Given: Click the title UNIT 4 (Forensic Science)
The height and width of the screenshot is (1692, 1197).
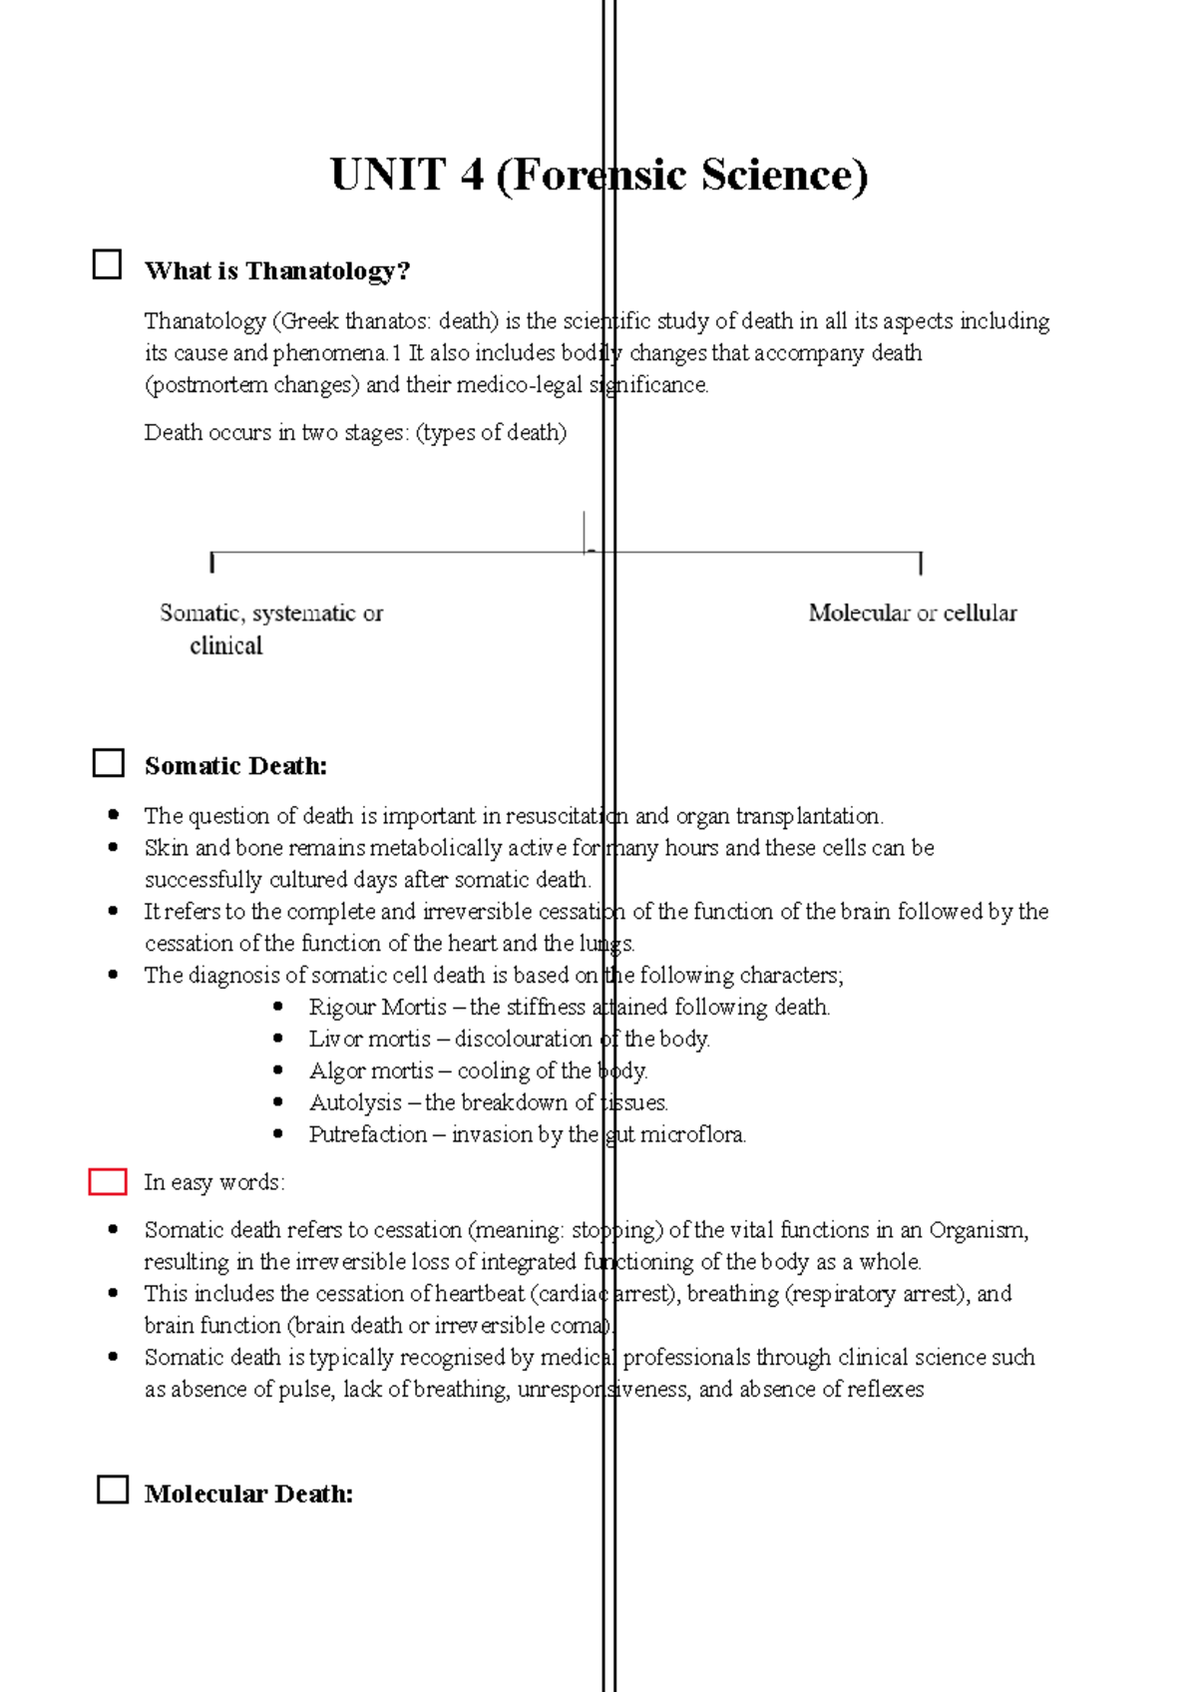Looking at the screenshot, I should pyautogui.click(x=598, y=176).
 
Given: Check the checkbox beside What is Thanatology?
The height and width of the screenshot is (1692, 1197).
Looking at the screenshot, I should pyautogui.click(x=107, y=264).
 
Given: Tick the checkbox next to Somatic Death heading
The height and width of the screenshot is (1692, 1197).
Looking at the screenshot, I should pyautogui.click(x=108, y=763).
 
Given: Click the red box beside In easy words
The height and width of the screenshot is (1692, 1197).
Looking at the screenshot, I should pyautogui.click(x=108, y=1182).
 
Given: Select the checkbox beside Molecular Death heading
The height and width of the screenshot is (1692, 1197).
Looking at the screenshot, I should pyautogui.click(x=113, y=1490).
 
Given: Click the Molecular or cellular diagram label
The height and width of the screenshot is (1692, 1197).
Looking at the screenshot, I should pyautogui.click(x=913, y=613).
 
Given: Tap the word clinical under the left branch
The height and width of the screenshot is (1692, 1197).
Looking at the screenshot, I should pyautogui.click(x=226, y=646).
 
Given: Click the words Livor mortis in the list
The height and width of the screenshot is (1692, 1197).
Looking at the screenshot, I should pyautogui.click(x=369, y=1040).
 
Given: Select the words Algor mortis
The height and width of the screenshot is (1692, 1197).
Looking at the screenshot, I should pyautogui.click(x=371, y=1071).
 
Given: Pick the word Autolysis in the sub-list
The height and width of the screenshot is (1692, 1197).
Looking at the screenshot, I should pyautogui.click(x=355, y=1103).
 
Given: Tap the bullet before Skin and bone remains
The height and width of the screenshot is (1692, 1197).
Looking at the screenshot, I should pyautogui.click(x=113, y=848).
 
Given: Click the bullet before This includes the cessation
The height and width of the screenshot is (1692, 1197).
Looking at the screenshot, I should pyautogui.click(x=113, y=1293).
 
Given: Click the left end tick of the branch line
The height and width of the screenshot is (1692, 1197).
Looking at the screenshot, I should pyautogui.click(x=212, y=563).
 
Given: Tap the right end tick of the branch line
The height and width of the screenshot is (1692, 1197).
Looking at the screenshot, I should pyautogui.click(x=920, y=564).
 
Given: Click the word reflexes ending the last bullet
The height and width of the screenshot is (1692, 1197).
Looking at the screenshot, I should pyautogui.click(x=885, y=1390).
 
